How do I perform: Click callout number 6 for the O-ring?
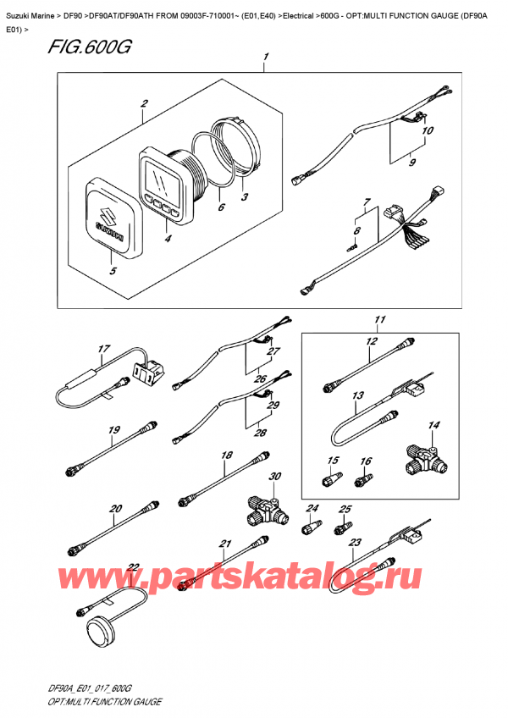221,206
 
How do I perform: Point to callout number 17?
104,348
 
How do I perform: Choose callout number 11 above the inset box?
380,320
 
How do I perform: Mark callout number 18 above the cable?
225,456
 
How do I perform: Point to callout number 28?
261,433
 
